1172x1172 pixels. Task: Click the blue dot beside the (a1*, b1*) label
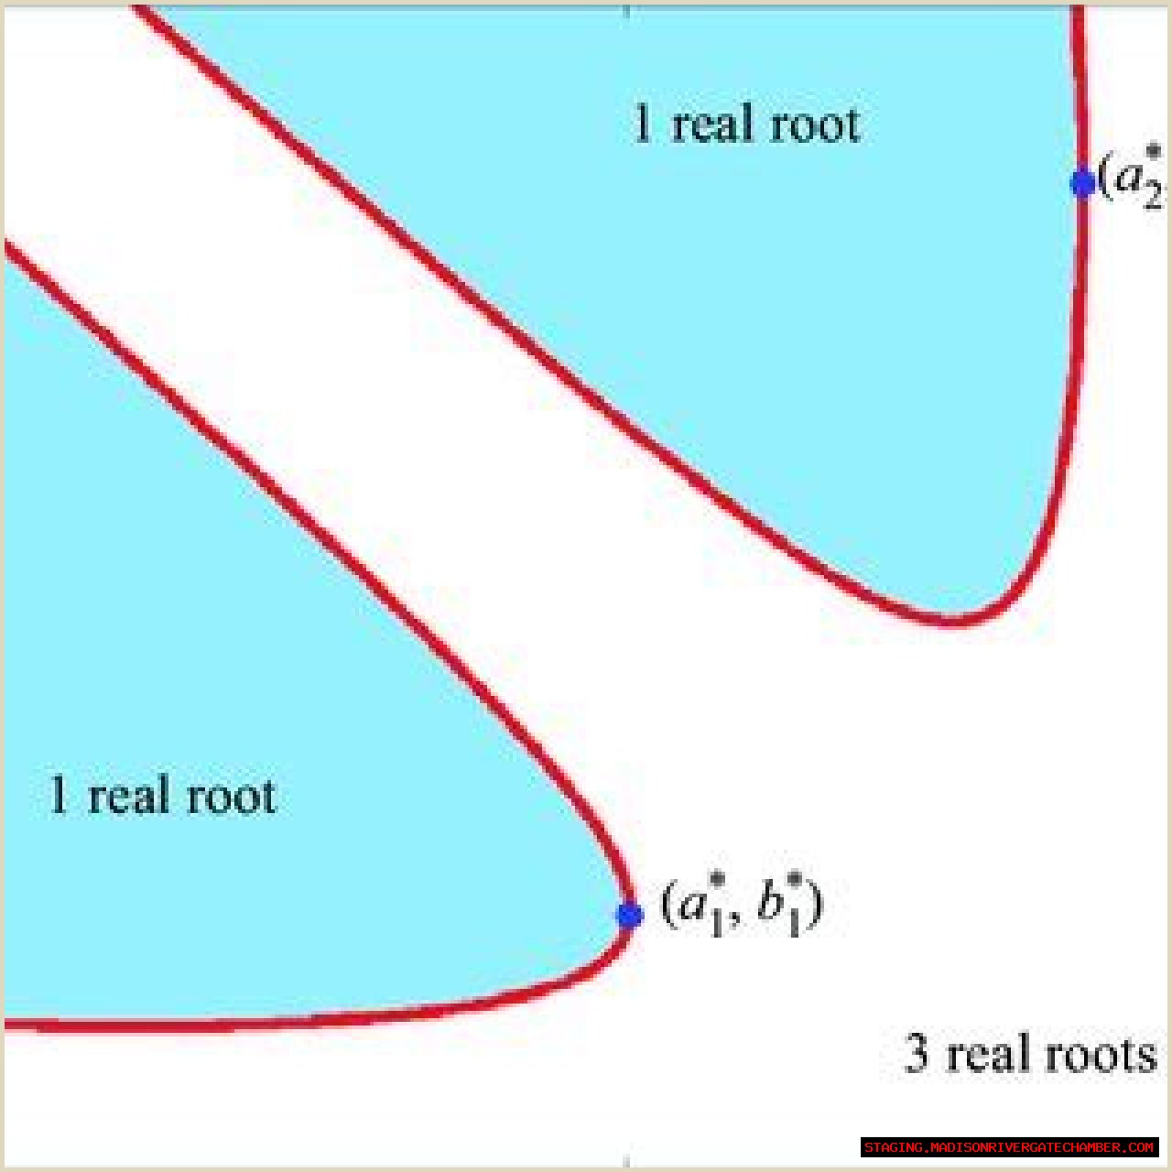[629, 914]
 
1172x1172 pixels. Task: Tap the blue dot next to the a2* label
[1082, 182]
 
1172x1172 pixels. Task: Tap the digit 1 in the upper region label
[643, 125]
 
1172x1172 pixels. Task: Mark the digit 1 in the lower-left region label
[59, 795]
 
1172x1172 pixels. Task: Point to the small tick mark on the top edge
[627, 11]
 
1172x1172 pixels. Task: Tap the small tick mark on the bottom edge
[627, 1161]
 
